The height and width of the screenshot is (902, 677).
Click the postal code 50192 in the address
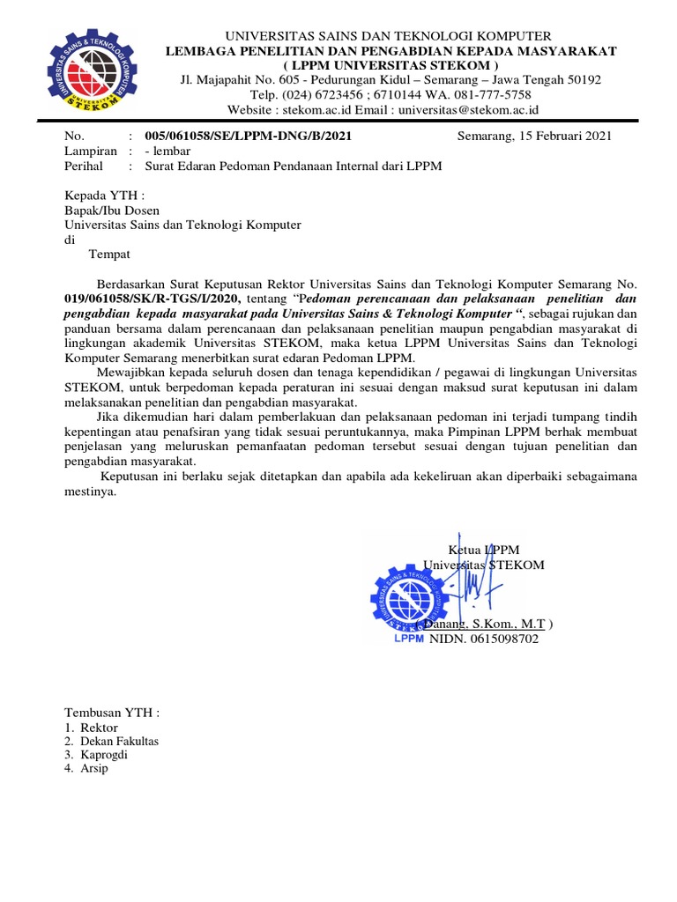click(x=583, y=80)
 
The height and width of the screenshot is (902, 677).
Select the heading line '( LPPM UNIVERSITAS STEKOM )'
click(x=391, y=65)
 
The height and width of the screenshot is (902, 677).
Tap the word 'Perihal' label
click(x=84, y=166)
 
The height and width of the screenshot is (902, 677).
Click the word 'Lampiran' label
click(x=90, y=151)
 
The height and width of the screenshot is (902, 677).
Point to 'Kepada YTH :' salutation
click(x=103, y=196)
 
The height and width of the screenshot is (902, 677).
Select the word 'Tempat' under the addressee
click(x=110, y=255)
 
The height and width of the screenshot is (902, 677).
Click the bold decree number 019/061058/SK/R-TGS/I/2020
click(x=151, y=299)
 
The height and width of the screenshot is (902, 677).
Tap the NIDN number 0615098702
click(x=483, y=639)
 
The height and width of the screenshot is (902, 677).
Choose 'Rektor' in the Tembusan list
click(x=99, y=728)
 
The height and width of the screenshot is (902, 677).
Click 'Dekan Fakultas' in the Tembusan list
click(x=119, y=742)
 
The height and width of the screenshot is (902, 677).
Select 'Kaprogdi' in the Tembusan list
click(x=105, y=755)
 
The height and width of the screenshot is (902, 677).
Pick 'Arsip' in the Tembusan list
click(x=95, y=768)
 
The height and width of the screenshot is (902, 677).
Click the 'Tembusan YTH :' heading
click(x=112, y=713)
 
